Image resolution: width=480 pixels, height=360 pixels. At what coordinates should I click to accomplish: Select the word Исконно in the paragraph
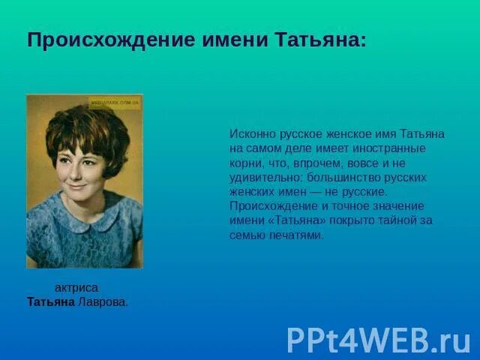[x=251, y=133]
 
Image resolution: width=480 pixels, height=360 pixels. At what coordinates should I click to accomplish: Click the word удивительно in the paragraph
[x=261, y=177]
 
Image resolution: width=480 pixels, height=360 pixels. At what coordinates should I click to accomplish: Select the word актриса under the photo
[x=76, y=288]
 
